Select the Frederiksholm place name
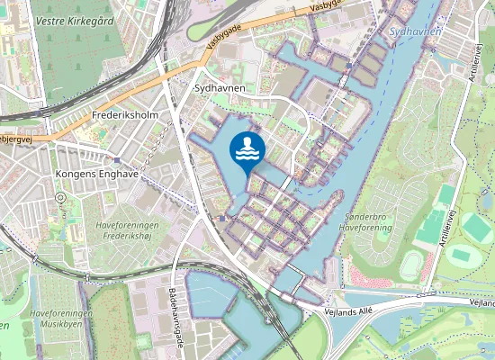(125, 115)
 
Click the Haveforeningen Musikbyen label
(61, 319)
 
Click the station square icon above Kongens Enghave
(117, 159)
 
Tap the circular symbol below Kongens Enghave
(59, 195)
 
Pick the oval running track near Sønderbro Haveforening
(412, 264)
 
